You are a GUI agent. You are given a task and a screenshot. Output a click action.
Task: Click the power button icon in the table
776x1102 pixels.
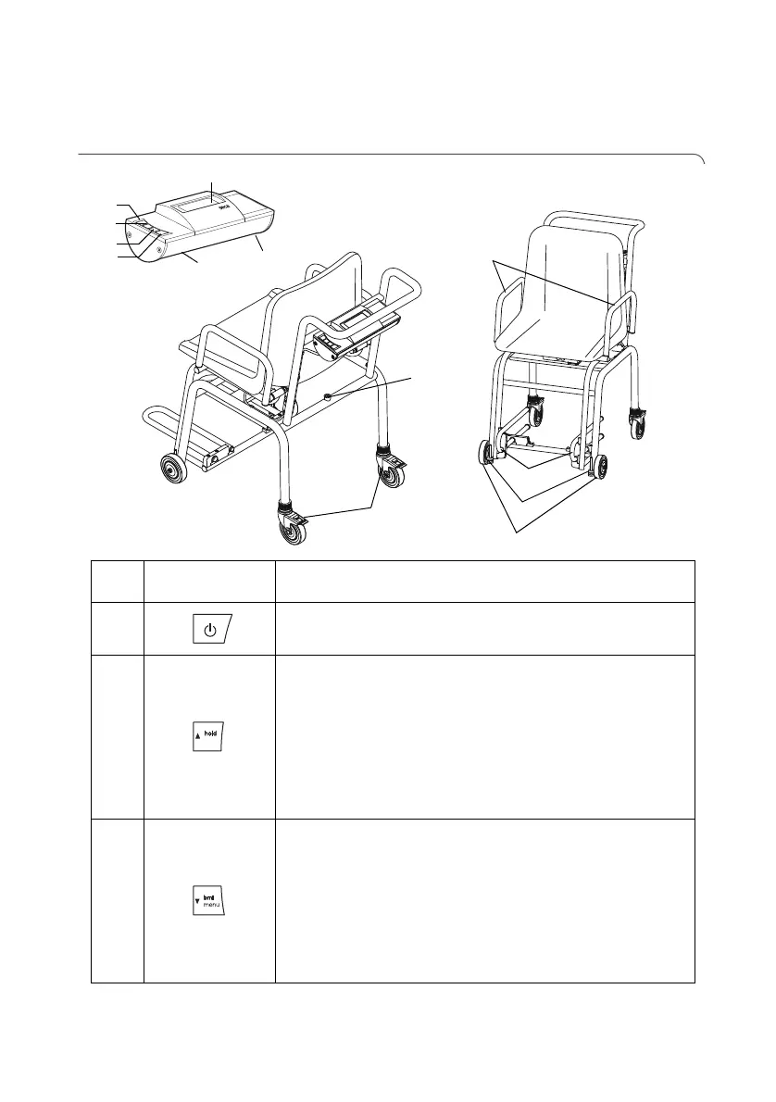pos(210,631)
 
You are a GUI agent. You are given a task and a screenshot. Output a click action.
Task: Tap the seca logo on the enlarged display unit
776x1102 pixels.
pos(225,210)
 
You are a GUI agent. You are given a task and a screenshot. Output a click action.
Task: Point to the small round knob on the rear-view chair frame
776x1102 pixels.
pos(330,395)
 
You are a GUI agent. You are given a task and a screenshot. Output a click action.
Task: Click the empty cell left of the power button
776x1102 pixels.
pos(118,630)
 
